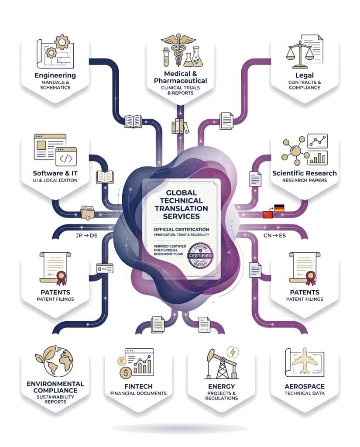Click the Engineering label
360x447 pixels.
tap(55, 76)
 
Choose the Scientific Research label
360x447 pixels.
tap(305, 173)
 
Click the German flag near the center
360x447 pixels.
tap(278, 208)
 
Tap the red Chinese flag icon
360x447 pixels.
tap(267, 214)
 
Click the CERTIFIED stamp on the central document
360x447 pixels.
tap(200, 255)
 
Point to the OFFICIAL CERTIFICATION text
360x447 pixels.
tap(181, 229)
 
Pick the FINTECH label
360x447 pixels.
tap(138, 386)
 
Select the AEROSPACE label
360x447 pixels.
tap(305, 386)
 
